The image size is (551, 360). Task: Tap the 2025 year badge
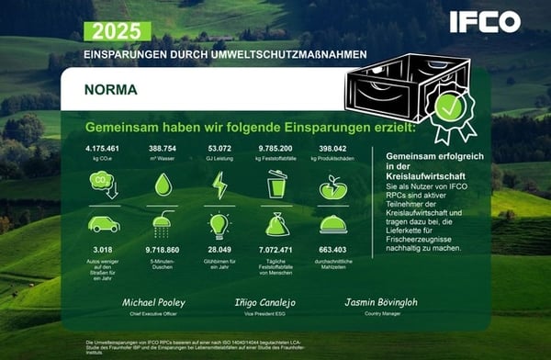(x=118, y=31)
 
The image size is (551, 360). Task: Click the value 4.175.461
(x=104, y=147)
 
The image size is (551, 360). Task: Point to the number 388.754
(x=163, y=147)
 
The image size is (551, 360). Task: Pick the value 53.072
(x=219, y=147)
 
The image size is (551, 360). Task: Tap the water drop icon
(x=163, y=185)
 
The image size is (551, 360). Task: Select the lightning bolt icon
(x=219, y=185)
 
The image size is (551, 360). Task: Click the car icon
(x=104, y=223)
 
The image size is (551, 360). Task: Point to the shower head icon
(x=163, y=225)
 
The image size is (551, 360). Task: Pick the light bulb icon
(x=219, y=225)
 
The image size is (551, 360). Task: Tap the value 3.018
(x=104, y=249)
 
